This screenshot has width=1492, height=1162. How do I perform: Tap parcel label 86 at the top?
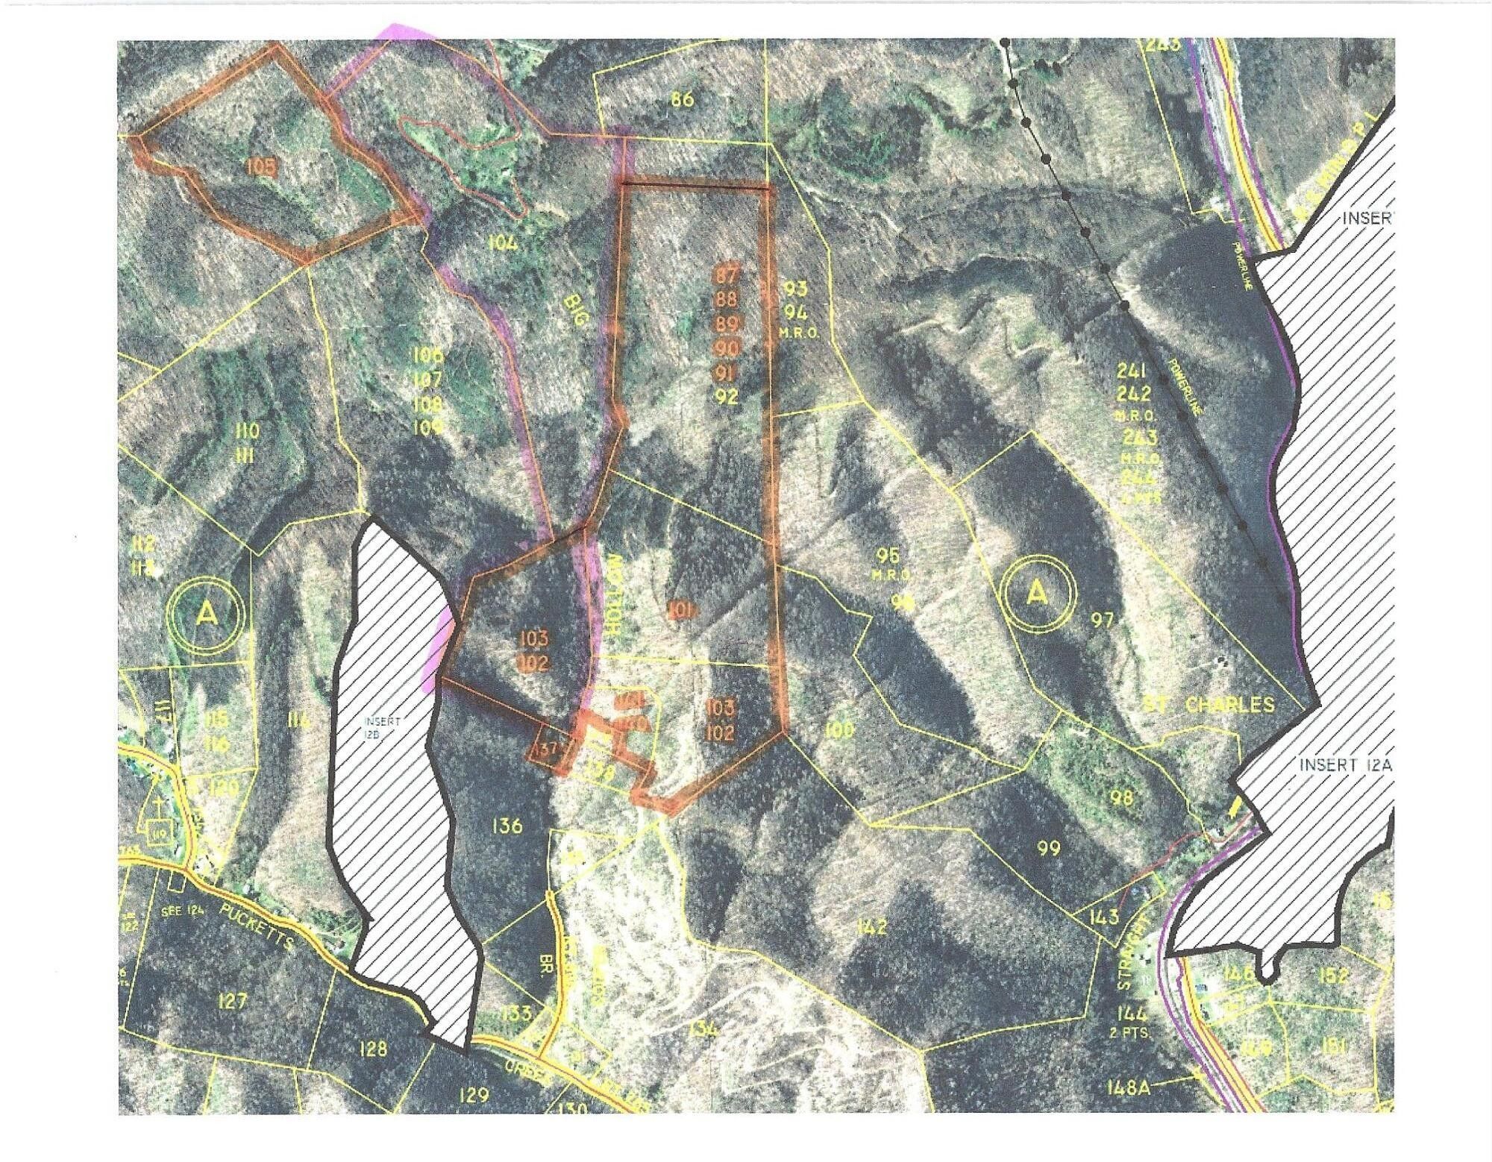click(x=682, y=98)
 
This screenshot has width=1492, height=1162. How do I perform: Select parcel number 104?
click(x=504, y=242)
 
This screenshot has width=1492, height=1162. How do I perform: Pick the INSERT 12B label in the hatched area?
click(x=383, y=728)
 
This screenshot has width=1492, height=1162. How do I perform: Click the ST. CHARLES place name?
click(x=1209, y=705)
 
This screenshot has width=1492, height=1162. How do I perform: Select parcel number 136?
click(x=507, y=826)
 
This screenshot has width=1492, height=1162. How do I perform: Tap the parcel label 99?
click(x=1049, y=848)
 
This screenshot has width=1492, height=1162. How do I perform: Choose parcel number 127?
click(x=233, y=1000)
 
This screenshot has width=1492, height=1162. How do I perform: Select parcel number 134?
click(x=702, y=1029)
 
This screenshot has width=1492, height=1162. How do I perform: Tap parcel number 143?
click(x=1103, y=916)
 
